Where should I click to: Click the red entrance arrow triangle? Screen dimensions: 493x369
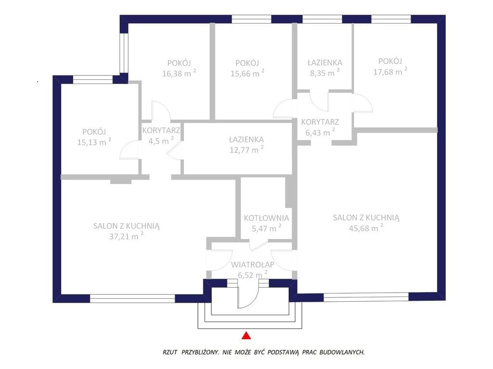coord(246,335)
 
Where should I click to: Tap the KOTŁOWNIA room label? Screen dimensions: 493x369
coord(266,218)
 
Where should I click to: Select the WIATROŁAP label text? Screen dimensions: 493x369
coord(252,265)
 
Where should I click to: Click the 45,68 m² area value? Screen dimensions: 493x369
coord(366,228)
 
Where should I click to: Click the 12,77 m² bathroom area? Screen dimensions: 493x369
coord(246,149)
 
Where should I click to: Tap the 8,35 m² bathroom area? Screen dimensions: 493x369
coord(325,73)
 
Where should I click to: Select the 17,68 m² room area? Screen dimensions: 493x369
coord(390,71)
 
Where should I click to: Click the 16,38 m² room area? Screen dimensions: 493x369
coord(179,73)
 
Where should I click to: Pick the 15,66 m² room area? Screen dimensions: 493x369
coord(247,73)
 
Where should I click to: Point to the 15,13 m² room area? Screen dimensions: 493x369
coord(94,142)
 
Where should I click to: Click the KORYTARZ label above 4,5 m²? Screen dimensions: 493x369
coord(161,130)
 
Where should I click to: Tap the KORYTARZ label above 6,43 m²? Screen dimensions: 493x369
coord(320,122)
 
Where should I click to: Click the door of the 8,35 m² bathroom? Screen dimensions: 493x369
coord(319,101)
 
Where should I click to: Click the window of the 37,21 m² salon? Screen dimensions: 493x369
coord(132,298)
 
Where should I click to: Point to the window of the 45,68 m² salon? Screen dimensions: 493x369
coord(366,297)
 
